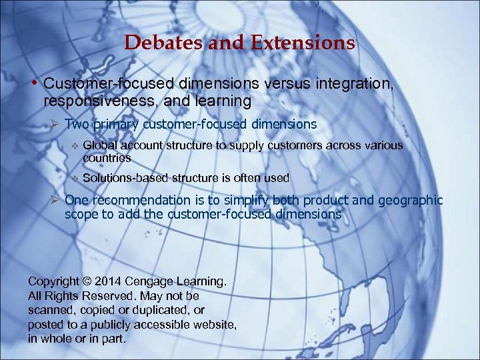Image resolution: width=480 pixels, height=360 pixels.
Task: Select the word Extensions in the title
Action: pyautogui.click(x=303, y=43)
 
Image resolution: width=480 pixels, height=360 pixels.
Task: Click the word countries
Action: pyautogui.click(x=107, y=159)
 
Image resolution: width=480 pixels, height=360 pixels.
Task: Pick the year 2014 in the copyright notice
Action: pyautogui.click(x=109, y=281)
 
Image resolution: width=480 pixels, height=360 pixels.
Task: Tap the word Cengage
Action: pyautogui.click(x=153, y=281)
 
